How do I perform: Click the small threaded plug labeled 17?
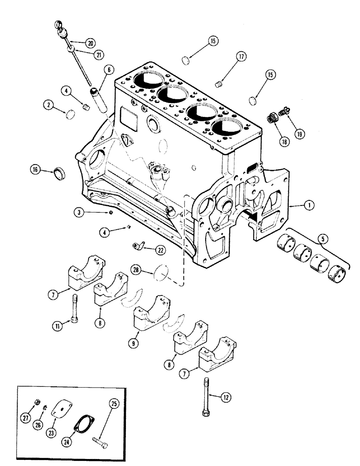tap(217, 84)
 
